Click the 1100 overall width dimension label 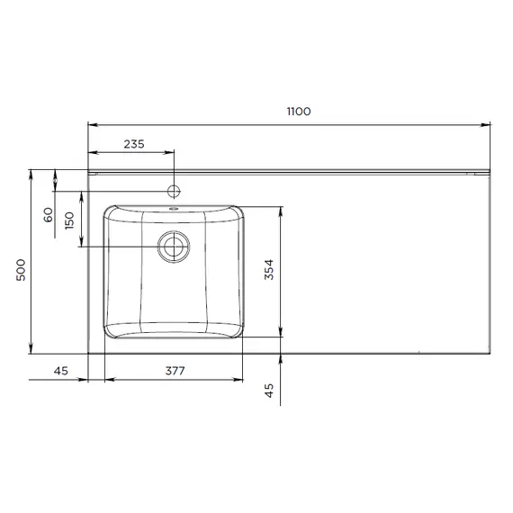click(x=299, y=112)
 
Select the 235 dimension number click(x=134, y=144)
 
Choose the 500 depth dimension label click(x=21, y=269)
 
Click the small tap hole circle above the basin click(x=174, y=190)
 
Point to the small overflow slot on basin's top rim click(x=174, y=208)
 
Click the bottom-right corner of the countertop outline click(x=491, y=353)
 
